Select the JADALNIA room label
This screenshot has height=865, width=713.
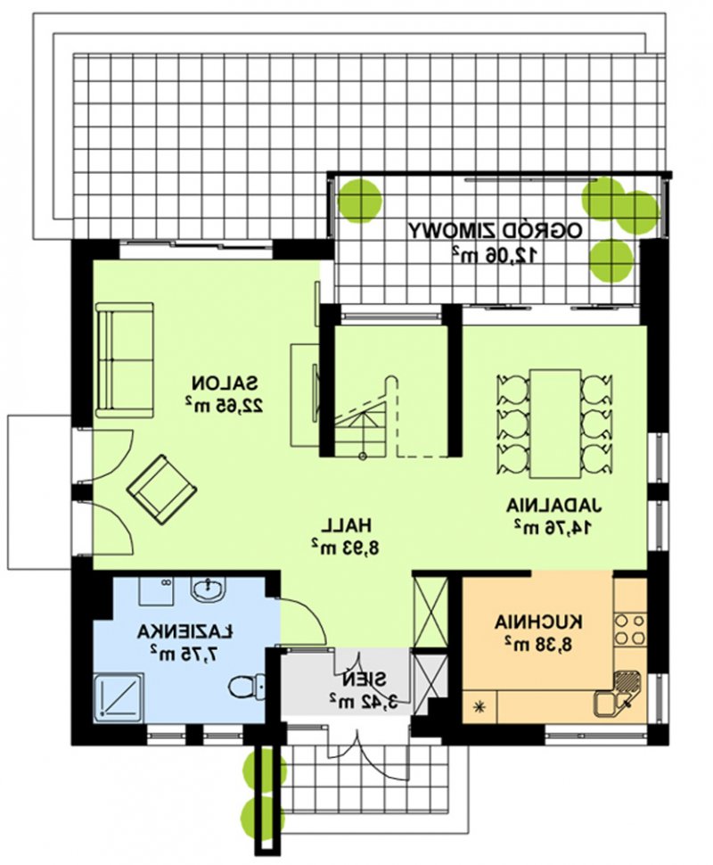(554, 506)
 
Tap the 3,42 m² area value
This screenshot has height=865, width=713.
(364, 700)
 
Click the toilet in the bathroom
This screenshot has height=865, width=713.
(248, 688)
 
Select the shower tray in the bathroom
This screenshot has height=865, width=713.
(119, 696)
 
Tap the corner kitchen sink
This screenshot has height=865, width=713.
(617, 693)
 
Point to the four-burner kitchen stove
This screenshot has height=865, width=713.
(630, 629)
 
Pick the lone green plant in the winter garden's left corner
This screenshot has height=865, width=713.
(359, 200)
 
